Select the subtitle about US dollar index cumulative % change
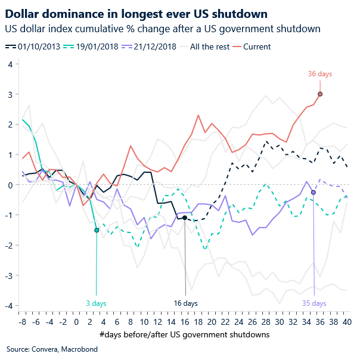[162, 28]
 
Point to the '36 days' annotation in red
[320, 74]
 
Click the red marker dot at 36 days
[320, 94]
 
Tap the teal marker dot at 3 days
[97, 230]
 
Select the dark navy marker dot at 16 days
[185, 218]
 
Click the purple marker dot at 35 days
[314, 193]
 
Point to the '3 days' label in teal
[97, 303]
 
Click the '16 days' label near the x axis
[185, 303]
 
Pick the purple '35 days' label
[314, 303]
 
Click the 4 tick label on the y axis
[10, 64]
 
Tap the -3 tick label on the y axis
[9, 275]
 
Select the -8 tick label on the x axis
[23, 322]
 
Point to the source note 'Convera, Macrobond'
[44, 349]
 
